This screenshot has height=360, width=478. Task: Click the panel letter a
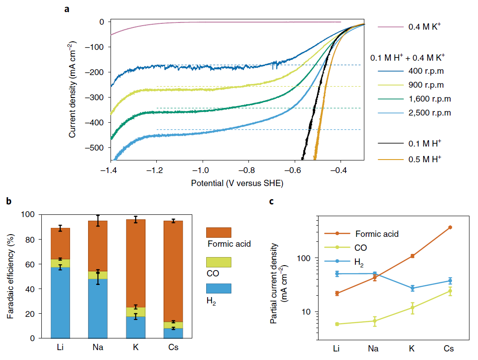click(x=67, y=8)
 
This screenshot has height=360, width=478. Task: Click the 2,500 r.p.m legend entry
click(x=429, y=112)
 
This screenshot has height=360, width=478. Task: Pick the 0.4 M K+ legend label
click(x=425, y=27)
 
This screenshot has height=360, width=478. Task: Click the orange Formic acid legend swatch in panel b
click(x=218, y=232)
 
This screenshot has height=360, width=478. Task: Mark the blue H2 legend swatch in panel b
click(x=218, y=288)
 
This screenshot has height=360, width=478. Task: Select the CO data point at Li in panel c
click(x=336, y=324)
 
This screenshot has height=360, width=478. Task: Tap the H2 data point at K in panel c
click(x=412, y=288)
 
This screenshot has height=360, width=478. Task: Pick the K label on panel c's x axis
click(x=412, y=349)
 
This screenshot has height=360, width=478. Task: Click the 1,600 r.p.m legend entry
click(x=429, y=99)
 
